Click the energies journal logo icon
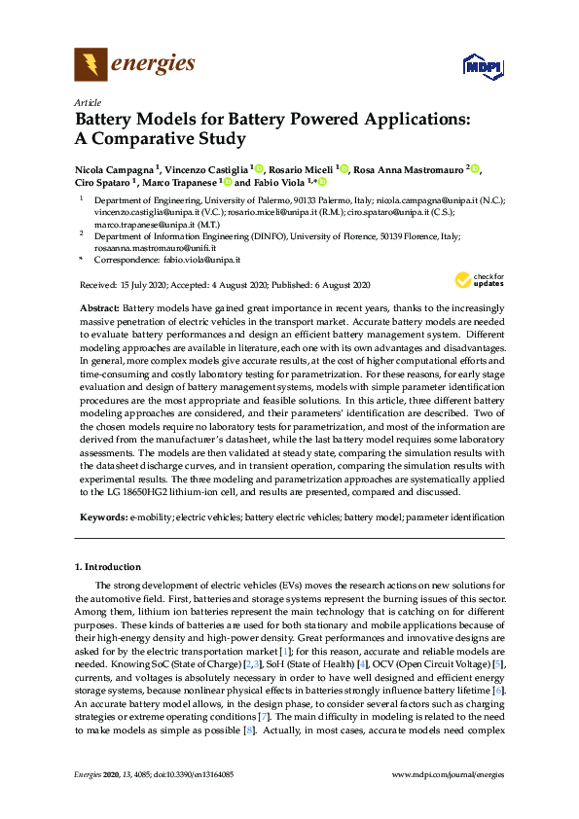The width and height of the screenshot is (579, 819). tap(90, 66)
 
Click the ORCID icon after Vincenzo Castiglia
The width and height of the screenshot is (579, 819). tap(261, 168)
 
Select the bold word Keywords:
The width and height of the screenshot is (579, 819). tap(102, 517)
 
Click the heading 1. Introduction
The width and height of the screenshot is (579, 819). tap(107, 566)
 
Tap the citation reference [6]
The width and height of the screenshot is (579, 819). tap(496, 689)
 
